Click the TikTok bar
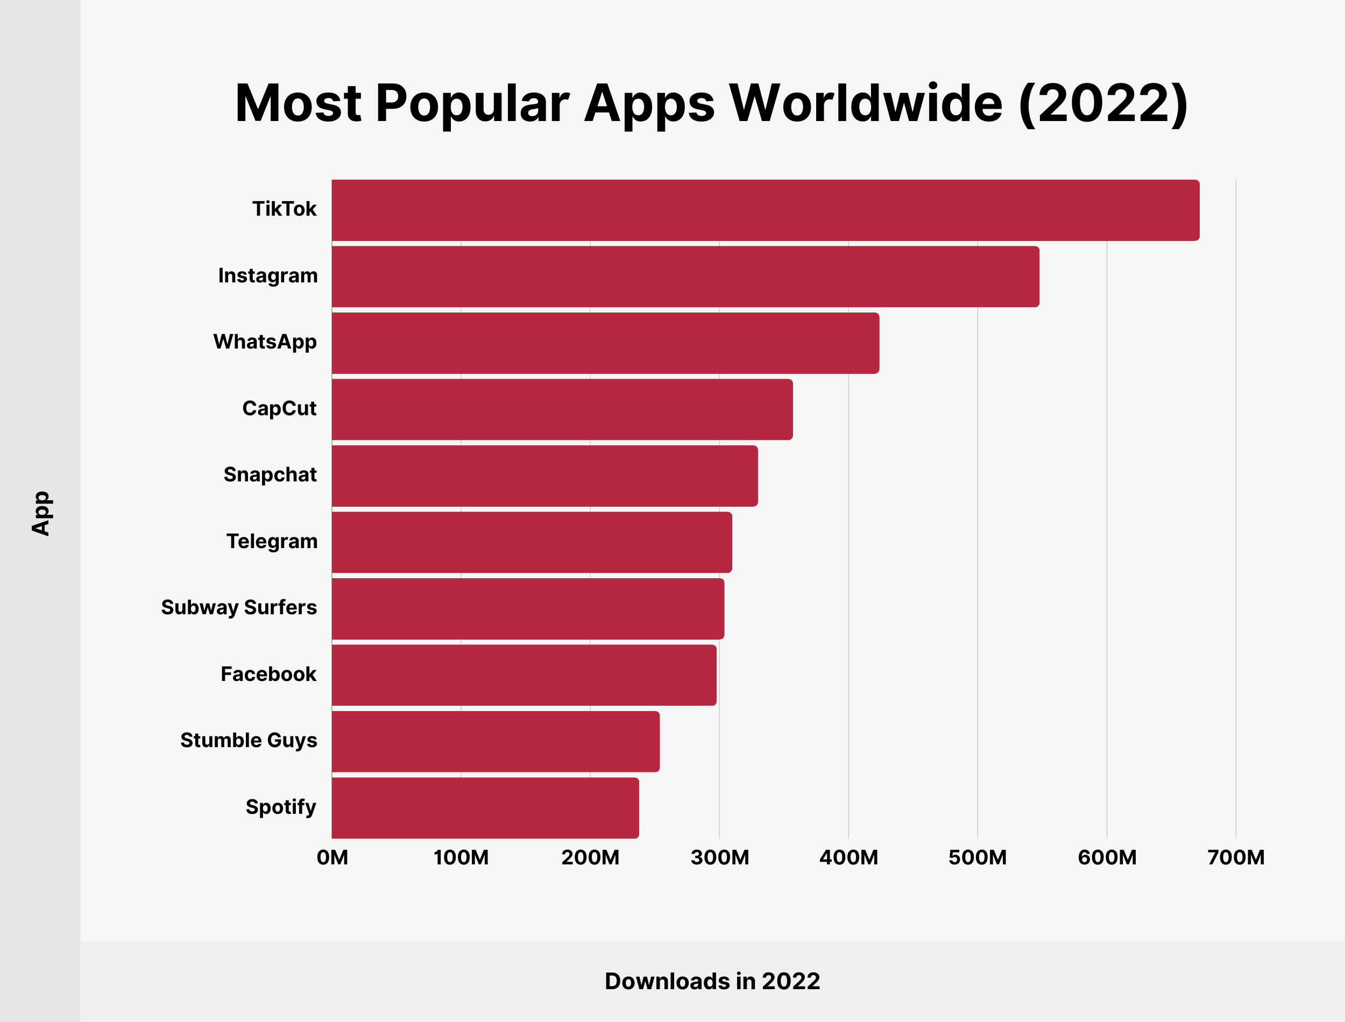point(765,210)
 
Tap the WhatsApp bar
point(605,343)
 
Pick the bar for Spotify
point(485,808)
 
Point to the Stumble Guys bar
point(495,742)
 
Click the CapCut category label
point(279,409)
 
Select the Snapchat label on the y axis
point(270,475)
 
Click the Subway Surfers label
point(239,608)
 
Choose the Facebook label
point(268,674)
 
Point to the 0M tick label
point(332,858)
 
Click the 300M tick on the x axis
point(720,858)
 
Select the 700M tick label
point(1236,858)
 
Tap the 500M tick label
point(978,858)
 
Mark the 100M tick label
point(461,858)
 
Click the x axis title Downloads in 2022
point(712,981)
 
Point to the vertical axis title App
point(41,514)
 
